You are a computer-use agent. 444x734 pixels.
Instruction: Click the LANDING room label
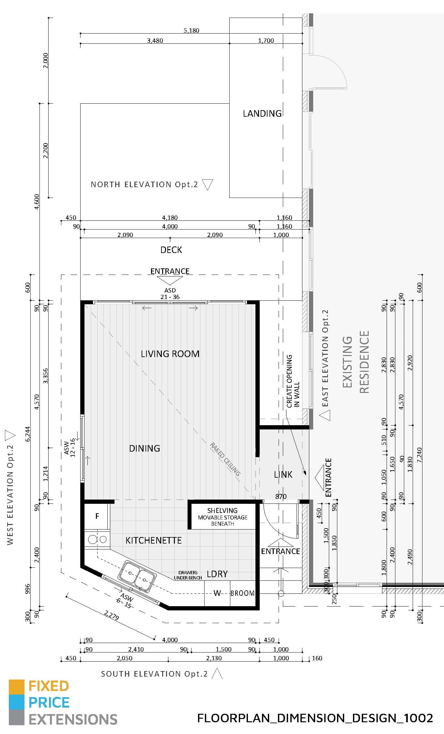262,113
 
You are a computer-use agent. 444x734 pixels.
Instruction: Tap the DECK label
171,250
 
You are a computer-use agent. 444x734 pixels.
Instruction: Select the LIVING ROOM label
170,354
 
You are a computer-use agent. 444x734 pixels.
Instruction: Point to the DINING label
145,448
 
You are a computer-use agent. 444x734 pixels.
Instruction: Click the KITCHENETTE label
153,540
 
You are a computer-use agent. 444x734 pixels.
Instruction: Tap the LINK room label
283,475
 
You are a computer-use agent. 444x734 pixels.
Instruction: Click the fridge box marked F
97,516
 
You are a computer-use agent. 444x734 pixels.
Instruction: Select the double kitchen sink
137,577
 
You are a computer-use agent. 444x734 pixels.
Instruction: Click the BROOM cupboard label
242,593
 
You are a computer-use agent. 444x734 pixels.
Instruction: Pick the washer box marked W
217,593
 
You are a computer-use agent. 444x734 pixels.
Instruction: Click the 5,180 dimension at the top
191,30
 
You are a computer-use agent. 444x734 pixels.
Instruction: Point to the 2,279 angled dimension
112,615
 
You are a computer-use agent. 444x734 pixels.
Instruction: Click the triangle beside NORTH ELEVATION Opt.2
207,184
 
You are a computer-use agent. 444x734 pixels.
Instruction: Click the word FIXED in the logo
49,686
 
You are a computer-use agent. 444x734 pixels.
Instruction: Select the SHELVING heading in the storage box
222,510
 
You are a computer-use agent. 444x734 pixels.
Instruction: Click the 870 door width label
281,496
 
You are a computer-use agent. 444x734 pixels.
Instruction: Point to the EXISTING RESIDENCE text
356,362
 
